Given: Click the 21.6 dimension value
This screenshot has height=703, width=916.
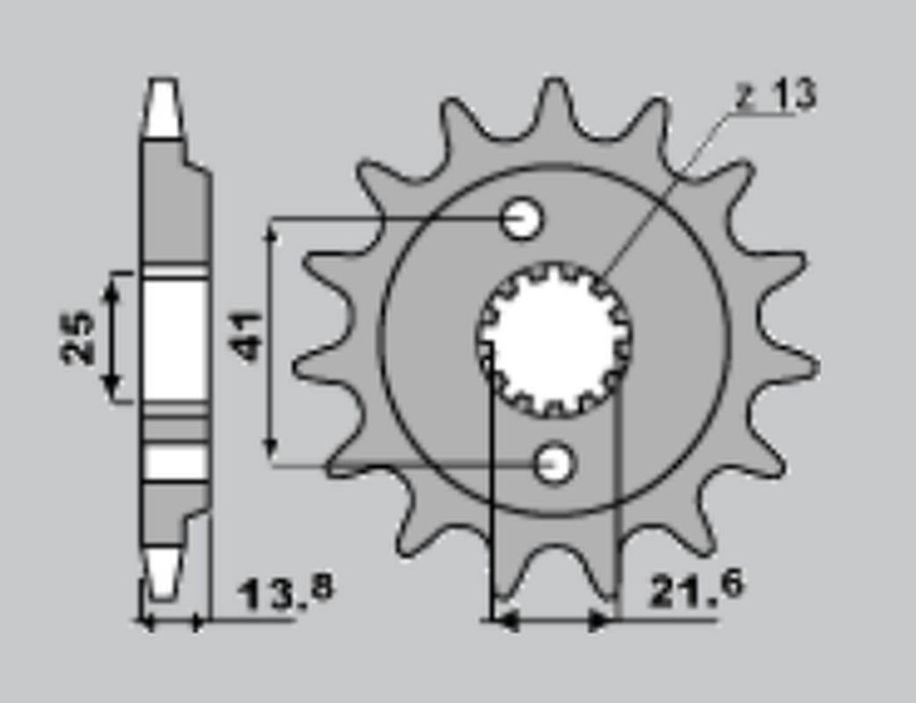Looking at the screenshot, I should click(695, 590).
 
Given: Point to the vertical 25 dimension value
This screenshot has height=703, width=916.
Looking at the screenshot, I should click(77, 337).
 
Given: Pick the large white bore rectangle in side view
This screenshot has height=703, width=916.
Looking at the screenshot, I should click(175, 339).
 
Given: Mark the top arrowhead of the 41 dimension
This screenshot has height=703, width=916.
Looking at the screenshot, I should click(273, 230).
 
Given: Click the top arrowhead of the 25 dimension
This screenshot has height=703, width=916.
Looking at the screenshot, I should click(112, 284).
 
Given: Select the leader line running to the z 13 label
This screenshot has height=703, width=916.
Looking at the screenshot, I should click(668, 185).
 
